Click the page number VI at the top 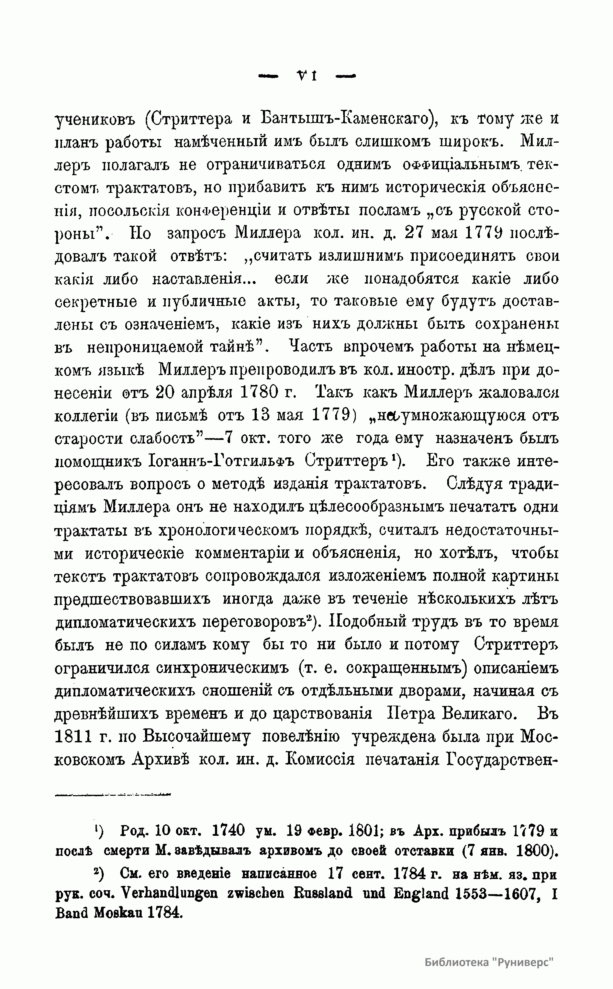tap(307, 75)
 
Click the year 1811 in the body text tap(73, 737)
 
